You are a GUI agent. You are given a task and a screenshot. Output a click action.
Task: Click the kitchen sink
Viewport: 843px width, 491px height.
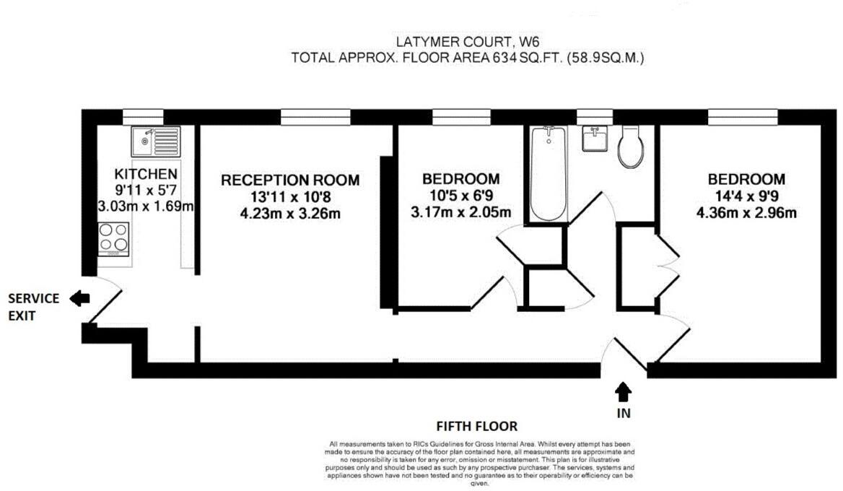pos(154,142)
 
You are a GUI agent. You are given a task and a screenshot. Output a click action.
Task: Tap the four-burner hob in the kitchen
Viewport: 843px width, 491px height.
pos(114,239)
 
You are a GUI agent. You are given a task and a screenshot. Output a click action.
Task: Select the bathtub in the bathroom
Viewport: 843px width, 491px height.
pos(549,173)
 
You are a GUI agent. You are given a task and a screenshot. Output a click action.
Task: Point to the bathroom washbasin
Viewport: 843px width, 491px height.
pos(596,138)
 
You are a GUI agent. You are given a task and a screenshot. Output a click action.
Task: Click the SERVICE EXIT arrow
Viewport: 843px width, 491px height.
pos(79,297)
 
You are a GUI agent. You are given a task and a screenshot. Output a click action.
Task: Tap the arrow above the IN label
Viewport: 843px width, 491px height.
pos(624,392)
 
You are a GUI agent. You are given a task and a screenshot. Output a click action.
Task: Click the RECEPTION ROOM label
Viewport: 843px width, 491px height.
pos(290,180)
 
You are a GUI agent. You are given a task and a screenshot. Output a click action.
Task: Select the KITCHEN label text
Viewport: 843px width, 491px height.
pos(146,174)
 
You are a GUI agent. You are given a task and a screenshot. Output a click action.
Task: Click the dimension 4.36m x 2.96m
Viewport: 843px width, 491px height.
pos(746,212)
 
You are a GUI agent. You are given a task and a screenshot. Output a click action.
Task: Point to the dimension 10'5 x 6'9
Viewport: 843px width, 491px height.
pos(460,196)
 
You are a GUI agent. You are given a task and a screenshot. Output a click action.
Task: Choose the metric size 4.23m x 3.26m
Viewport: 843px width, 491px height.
pos(290,213)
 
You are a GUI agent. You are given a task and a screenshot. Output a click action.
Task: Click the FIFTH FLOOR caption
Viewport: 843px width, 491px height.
pos(477,427)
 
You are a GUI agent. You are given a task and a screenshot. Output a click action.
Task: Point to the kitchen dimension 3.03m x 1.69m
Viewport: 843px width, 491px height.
pos(146,207)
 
